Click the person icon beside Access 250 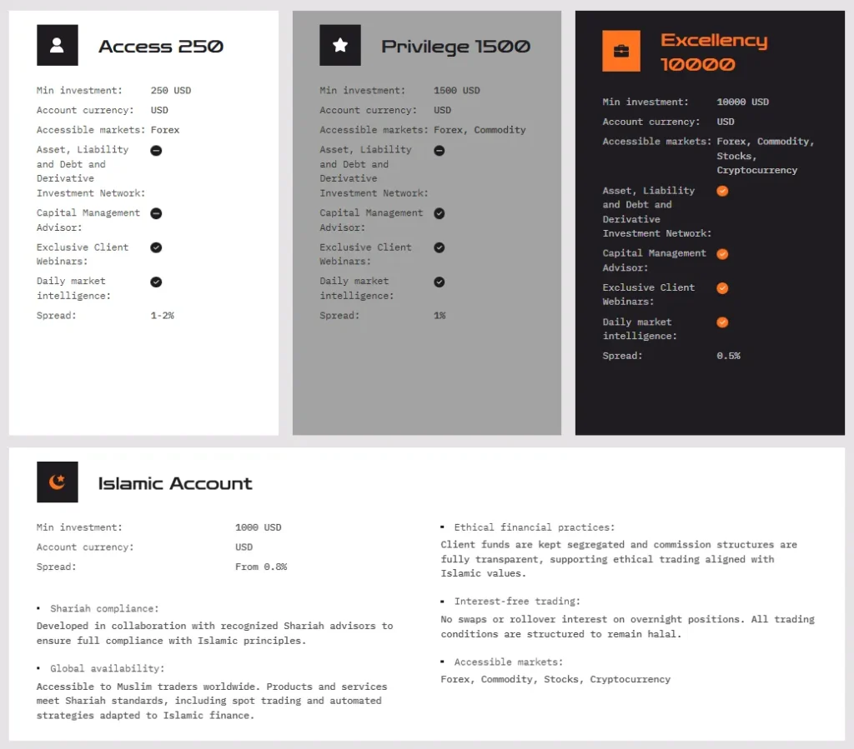57,45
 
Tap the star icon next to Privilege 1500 340,45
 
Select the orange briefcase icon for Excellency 621,51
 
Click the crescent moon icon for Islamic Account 57,482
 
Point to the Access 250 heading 161,47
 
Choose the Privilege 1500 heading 455,47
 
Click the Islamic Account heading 175,483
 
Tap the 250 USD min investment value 171,90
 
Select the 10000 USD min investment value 742,102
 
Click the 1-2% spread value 163,315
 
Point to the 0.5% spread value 728,356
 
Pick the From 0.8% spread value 261,567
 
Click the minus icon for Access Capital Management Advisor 156,213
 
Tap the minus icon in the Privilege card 440,151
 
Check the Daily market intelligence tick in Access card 156,282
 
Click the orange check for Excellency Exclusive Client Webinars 722,288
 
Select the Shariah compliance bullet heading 104,609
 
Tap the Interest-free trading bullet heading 517,601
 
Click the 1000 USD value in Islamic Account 259,527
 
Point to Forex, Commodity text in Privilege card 480,130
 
